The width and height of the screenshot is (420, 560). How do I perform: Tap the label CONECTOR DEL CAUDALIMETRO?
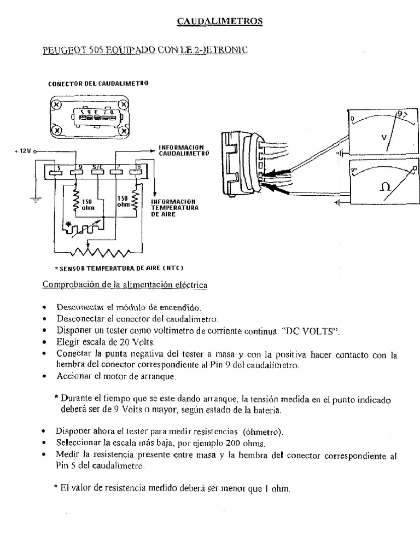coord(98,84)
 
